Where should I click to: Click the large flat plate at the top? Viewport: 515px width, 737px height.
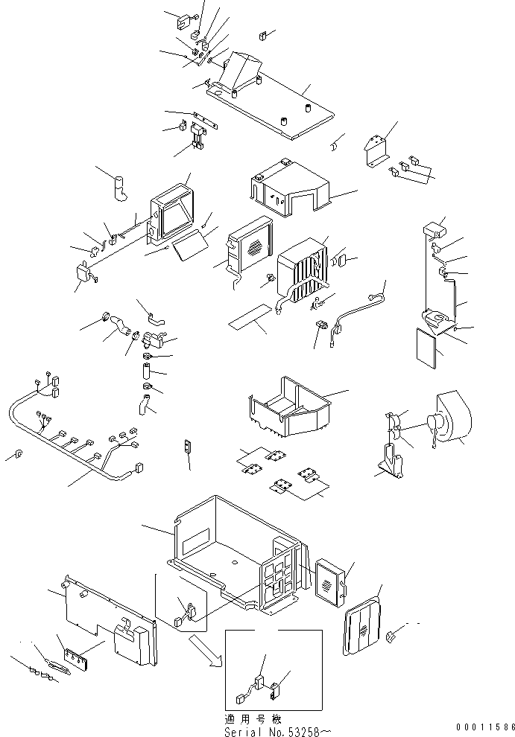(276, 104)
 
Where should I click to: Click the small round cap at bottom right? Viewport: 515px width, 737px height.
(394, 635)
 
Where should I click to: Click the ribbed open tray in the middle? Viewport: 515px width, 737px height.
(287, 406)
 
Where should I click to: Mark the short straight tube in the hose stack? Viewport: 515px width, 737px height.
(147, 369)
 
